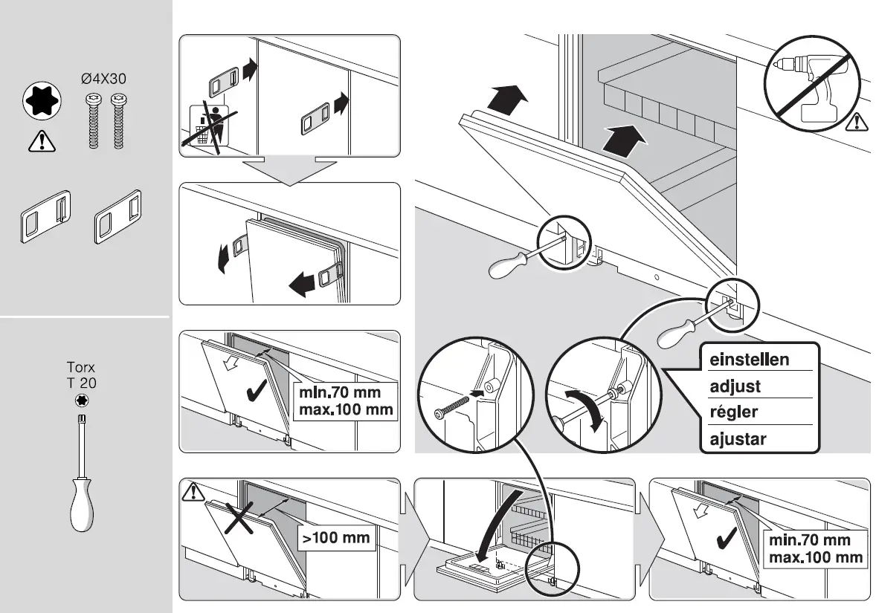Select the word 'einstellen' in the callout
tap(749, 360)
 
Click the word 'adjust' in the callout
tap(735, 386)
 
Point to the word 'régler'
tap(734, 412)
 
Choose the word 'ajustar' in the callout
tap(738, 438)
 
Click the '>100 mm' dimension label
tap(336, 538)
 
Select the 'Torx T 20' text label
tap(82, 375)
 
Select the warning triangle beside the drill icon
tap(859, 119)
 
